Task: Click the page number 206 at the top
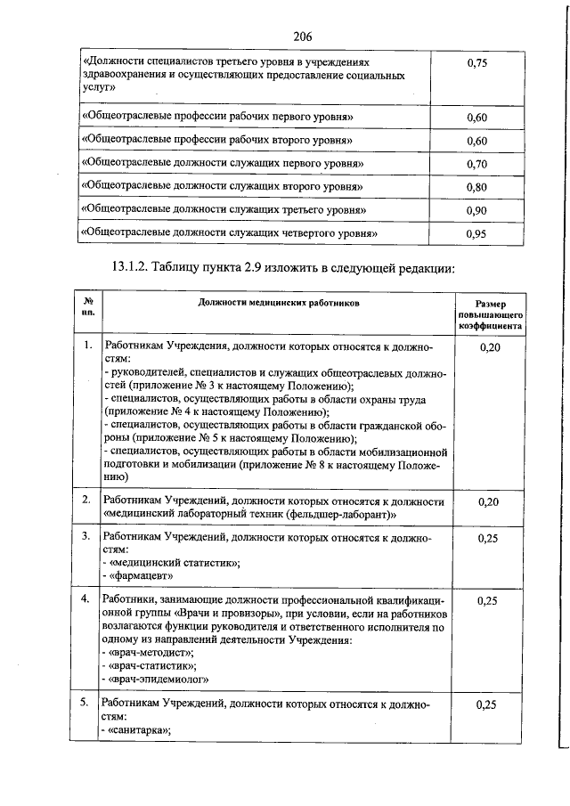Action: point(302,36)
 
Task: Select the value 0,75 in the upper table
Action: point(477,64)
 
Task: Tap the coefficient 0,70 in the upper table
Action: point(477,165)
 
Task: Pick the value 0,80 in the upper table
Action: point(477,188)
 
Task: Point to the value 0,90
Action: point(477,211)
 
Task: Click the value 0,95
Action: point(477,234)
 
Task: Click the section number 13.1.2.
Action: point(139,266)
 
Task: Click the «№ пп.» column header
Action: point(88,309)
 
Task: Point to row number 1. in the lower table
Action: point(87,345)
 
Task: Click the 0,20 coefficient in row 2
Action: point(488,502)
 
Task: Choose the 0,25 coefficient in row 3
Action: point(488,539)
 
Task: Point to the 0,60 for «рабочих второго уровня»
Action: point(477,142)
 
